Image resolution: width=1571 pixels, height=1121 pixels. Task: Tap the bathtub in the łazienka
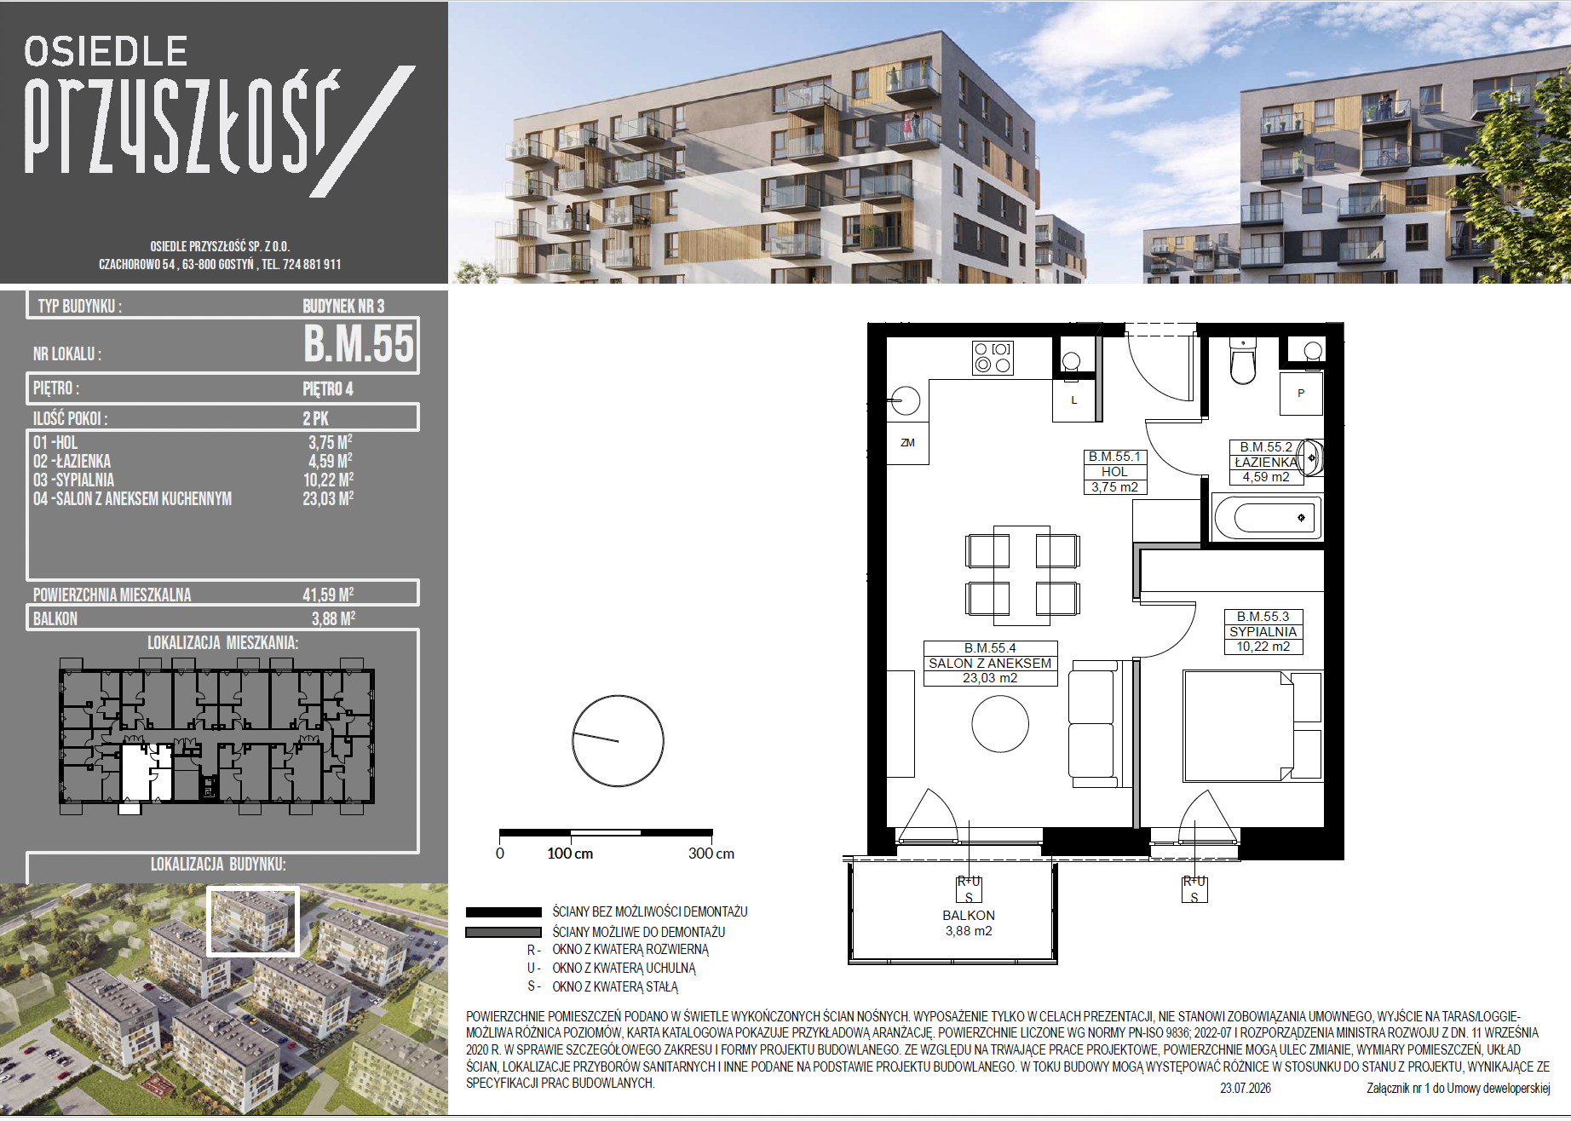(1267, 518)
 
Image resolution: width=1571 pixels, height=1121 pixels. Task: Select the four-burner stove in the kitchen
(993, 358)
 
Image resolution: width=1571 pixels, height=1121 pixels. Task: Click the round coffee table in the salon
(1000, 724)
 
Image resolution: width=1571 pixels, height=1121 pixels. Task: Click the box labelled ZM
(908, 443)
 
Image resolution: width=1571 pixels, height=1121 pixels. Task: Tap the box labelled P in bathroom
(1301, 394)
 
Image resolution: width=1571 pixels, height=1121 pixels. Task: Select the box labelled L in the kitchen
(1074, 400)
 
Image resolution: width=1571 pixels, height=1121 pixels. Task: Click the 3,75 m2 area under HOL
(1115, 487)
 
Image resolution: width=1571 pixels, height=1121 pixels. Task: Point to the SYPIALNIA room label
(1263, 632)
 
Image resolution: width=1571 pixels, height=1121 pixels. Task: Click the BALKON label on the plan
(969, 916)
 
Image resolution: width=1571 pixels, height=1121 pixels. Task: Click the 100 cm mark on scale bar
(570, 854)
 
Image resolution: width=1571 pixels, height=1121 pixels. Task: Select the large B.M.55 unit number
(360, 344)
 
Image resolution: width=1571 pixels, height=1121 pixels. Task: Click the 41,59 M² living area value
(328, 595)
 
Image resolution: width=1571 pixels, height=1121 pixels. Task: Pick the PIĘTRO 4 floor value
(328, 389)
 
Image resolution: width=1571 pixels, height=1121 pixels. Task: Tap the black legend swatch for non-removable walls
(504, 911)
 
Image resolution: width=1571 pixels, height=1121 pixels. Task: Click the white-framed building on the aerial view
(253, 921)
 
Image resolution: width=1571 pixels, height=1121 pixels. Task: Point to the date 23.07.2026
(1246, 1089)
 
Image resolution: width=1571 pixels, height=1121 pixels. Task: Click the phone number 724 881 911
(312, 265)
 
